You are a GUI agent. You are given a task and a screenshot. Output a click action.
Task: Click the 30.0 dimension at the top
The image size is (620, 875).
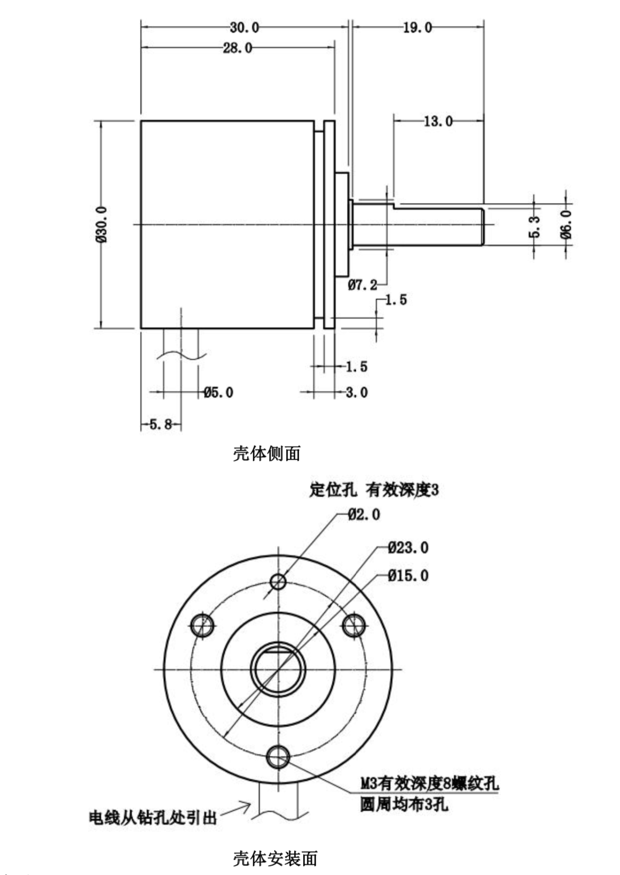244,27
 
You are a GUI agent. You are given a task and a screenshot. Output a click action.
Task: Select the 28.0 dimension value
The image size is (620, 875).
237,48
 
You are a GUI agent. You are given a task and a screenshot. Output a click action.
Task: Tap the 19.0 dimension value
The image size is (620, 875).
417,28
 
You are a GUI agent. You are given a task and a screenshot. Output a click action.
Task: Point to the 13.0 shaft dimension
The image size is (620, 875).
438,121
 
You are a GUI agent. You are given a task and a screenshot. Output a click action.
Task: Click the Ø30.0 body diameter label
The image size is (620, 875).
102,225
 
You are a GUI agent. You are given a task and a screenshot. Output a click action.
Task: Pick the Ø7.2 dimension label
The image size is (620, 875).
362,285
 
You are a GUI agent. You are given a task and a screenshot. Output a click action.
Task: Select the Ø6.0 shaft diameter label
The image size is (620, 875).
566,224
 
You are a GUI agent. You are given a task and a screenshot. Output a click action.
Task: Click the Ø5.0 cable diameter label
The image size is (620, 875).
218,392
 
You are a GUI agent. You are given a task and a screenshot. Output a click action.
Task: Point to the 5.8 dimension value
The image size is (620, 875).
161,424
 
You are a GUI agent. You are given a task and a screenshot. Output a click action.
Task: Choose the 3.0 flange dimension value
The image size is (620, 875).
357,392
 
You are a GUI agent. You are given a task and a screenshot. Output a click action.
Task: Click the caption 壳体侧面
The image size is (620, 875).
267,453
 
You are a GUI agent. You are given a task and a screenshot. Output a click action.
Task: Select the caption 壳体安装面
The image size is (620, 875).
275,858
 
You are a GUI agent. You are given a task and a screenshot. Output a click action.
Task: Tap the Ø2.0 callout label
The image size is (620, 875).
364,514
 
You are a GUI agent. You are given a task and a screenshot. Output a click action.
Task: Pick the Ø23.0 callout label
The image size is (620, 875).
408,547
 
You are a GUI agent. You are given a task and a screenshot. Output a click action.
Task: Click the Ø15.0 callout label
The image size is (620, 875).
408,575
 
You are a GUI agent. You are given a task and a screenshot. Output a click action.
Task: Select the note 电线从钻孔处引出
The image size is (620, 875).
153,817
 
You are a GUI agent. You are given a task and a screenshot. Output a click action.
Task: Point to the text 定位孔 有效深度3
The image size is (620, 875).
374,490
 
